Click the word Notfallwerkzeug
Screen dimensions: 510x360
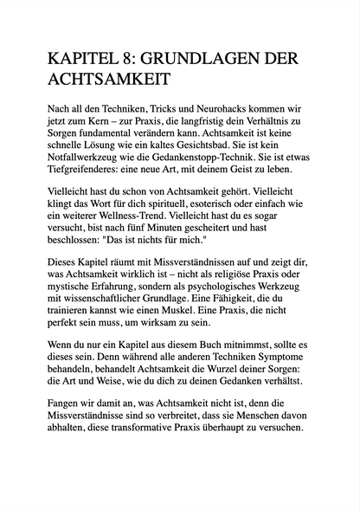point(90,152)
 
